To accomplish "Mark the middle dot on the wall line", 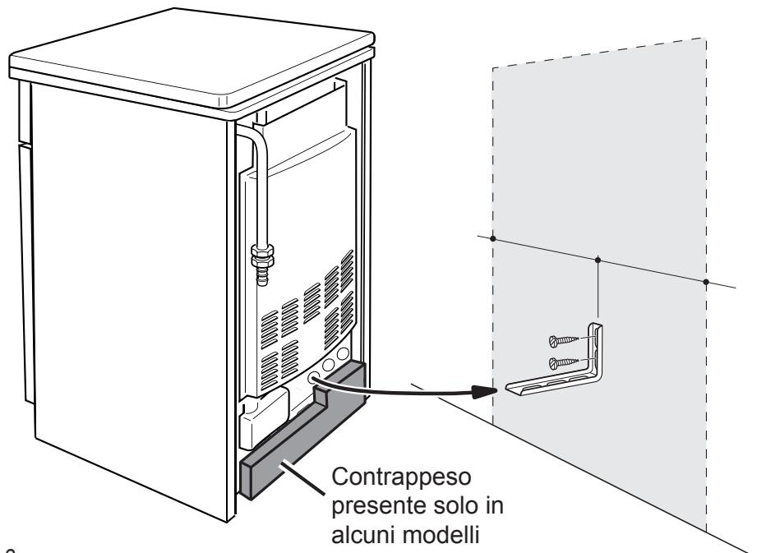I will [598, 260].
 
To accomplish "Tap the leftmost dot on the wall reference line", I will [492, 239].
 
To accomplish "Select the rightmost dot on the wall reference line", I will [706, 282].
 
